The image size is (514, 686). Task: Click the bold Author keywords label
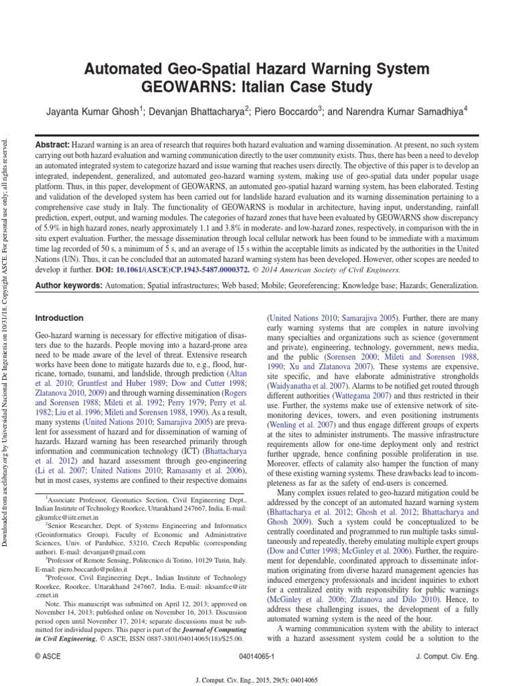pyautogui.click(x=66, y=285)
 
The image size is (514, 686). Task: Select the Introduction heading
pyautogui.click(x=60, y=318)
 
